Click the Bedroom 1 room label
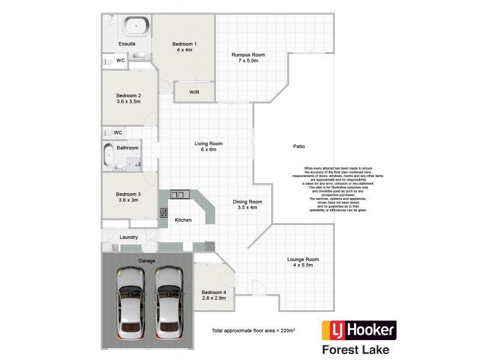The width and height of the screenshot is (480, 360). (x=184, y=47)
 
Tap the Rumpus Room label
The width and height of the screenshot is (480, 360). (x=248, y=58)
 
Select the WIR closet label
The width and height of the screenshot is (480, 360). (x=194, y=92)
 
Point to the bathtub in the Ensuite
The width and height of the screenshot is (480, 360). (x=137, y=26)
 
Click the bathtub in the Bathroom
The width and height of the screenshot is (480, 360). (x=109, y=155)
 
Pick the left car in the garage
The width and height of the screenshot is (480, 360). (x=130, y=302)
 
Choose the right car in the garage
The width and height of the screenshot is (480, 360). (x=168, y=302)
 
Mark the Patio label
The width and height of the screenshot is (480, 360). (x=299, y=146)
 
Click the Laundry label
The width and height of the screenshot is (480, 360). (x=128, y=237)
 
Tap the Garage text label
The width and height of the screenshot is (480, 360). (x=147, y=261)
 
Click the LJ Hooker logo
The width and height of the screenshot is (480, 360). (x=359, y=329)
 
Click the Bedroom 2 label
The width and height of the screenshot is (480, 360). (x=128, y=98)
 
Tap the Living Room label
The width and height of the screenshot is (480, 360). (x=208, y=146)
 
